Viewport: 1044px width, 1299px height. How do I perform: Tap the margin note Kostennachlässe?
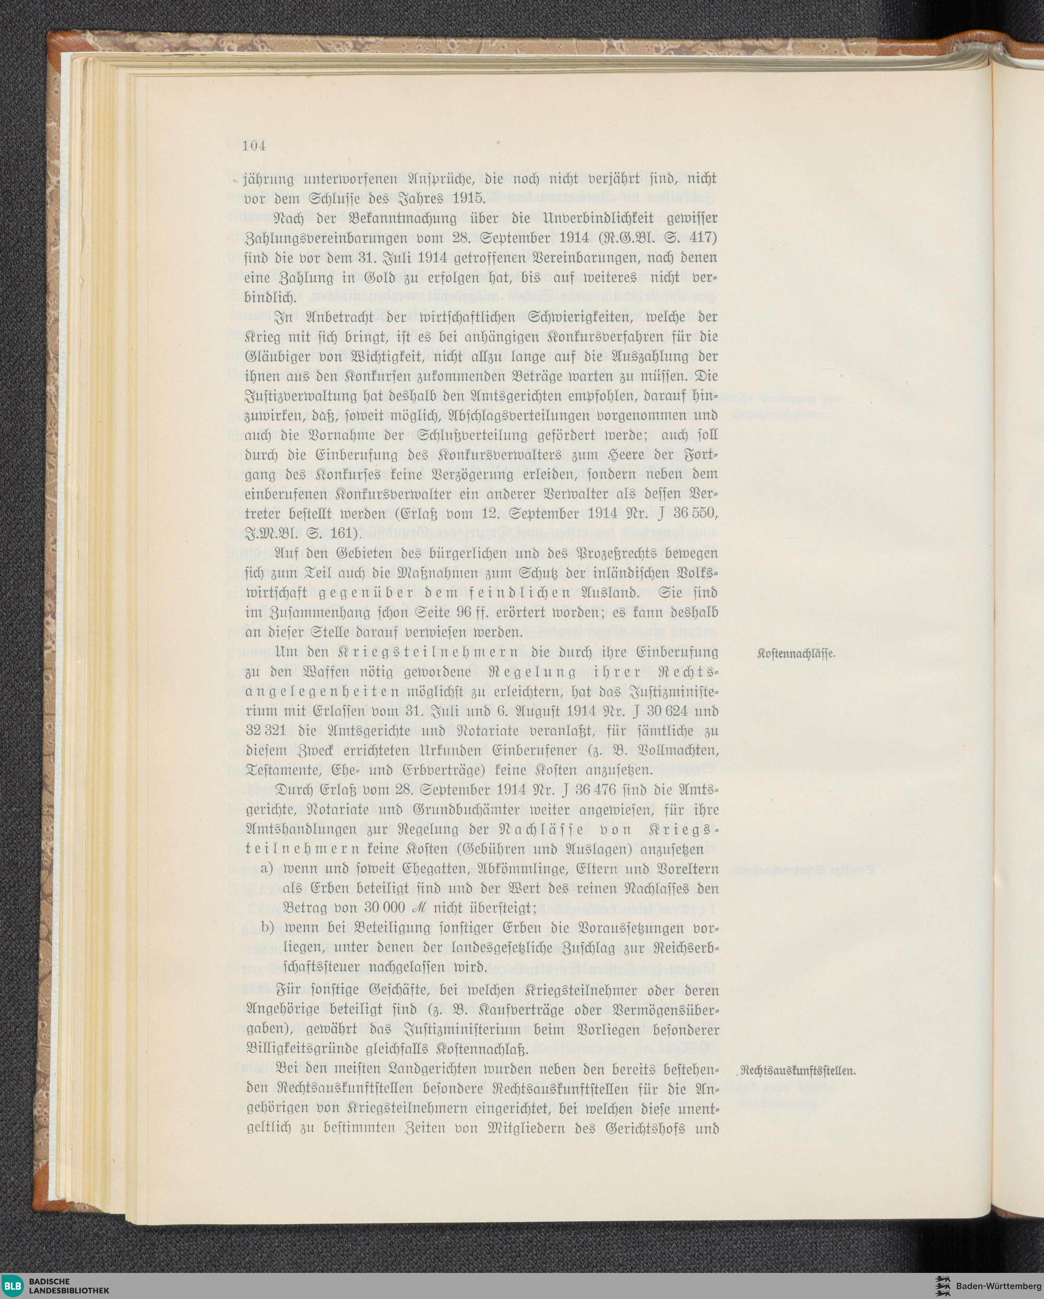tap(796, 655)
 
